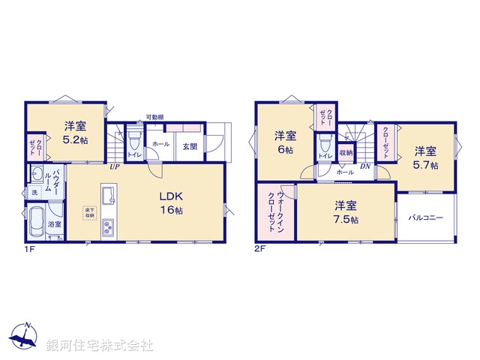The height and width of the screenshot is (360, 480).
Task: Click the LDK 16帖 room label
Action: pos(170,203)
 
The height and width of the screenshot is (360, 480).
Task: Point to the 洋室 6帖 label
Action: pos(284,142)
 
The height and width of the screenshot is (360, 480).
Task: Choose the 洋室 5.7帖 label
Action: pos(425,157)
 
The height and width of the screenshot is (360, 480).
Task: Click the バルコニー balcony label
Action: pos(426,218)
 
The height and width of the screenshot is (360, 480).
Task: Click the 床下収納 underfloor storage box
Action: pos(89,212)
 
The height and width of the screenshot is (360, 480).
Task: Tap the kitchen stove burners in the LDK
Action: pos(107,226)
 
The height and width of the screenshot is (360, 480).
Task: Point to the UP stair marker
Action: pos(114,166)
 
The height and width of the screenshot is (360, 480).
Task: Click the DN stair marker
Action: pos(364,166)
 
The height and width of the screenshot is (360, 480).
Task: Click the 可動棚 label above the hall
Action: pos(154,117)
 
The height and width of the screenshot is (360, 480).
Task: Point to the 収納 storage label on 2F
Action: pos(345,152)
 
